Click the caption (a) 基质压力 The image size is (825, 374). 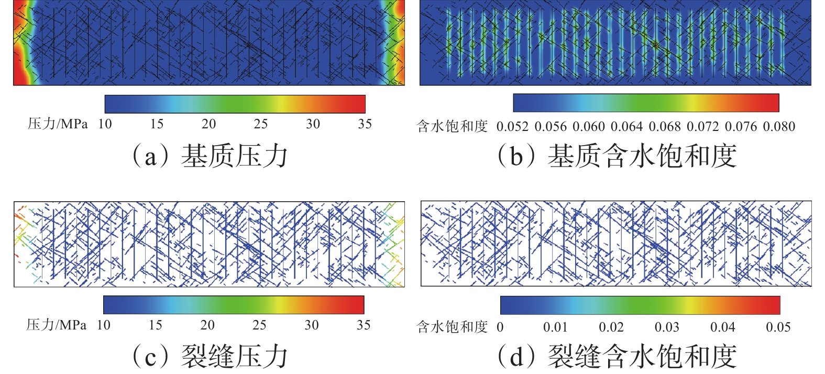point(210,156)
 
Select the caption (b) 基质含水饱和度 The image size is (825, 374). point(617,156)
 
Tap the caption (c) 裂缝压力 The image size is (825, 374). point(210,356)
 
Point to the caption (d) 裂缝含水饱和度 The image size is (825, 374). point(617,356)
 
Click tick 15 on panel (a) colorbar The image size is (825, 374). point(157,124)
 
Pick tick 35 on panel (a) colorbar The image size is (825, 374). point(365,124)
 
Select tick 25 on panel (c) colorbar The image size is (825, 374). point(259,325)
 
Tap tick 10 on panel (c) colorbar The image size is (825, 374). point(104,325)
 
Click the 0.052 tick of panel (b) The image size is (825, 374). point(512,127)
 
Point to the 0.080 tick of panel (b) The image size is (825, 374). point(779,127)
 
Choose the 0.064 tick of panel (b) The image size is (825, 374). point(626,127)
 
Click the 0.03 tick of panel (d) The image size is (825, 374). point(667,327)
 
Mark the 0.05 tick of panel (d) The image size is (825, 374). point(778,327)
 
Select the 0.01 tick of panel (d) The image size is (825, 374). point(555,327)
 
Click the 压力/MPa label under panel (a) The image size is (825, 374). point(58,124)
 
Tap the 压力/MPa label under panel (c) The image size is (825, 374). point(57,325)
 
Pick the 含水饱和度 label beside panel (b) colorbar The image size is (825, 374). point(453,127)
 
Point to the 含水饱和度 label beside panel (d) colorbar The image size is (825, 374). point(453,327)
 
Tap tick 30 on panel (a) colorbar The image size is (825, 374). point(313,124)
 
